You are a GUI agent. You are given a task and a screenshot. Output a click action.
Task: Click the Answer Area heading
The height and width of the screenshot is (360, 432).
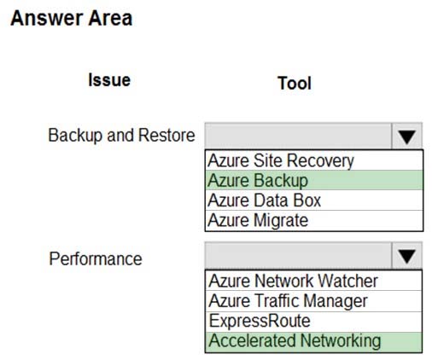pyautogui.click(x=72, y=19)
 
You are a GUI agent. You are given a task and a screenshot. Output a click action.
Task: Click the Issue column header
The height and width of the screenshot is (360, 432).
pyautogui.click(x=109, y=80)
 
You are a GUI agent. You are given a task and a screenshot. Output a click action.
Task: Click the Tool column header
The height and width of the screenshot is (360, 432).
pyautogui.click(x=295, y=83)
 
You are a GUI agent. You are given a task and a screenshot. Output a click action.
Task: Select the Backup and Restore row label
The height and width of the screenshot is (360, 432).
pyautogui.click(x=121, y=135)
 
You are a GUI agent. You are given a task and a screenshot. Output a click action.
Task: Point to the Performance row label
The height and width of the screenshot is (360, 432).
pyautogui.click(x=96, y=258)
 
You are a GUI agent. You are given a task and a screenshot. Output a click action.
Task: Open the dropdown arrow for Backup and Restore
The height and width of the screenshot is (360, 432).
pyautogui.click(x=407, y=136)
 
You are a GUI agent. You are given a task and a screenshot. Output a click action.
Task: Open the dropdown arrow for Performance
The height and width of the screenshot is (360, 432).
pyautogui.click(x=407, y=255)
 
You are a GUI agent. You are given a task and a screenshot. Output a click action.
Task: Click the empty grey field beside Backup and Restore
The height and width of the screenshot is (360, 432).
pyautogui.click(x=298, y=136)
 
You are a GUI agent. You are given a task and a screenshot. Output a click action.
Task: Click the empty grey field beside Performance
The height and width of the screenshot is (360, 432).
pyautogui.click(x=298, y=255)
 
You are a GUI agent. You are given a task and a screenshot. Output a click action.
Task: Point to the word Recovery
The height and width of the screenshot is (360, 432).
pyautogui.click(x=320, y=161)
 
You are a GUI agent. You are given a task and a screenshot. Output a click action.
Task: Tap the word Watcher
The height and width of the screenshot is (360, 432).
pyautogui.click(x=347, y=281)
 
